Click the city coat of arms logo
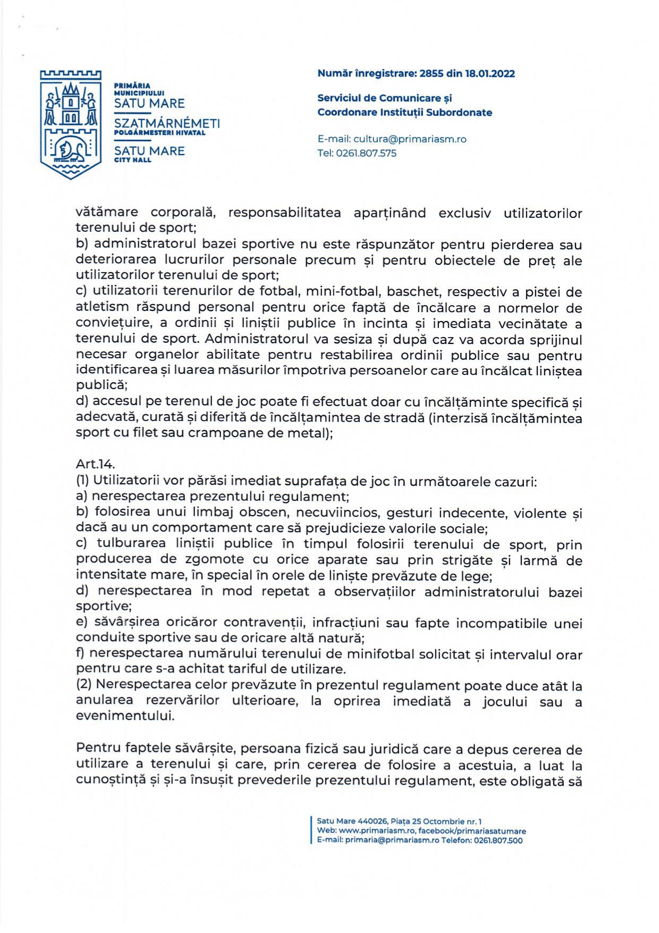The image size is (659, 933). click(x=71, y=124)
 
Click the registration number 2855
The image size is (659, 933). click(x=431, y=74)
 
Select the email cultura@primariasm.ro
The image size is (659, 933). click(x=410, y=139)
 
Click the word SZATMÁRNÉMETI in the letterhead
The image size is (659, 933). click(x=167, y=123)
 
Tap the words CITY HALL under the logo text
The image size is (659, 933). click(x=133, y=160)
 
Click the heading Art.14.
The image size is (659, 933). click(x=95, y=464)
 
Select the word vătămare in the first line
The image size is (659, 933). click(x=107, y=213)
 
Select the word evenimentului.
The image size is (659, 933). click(x=125, y=716)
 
